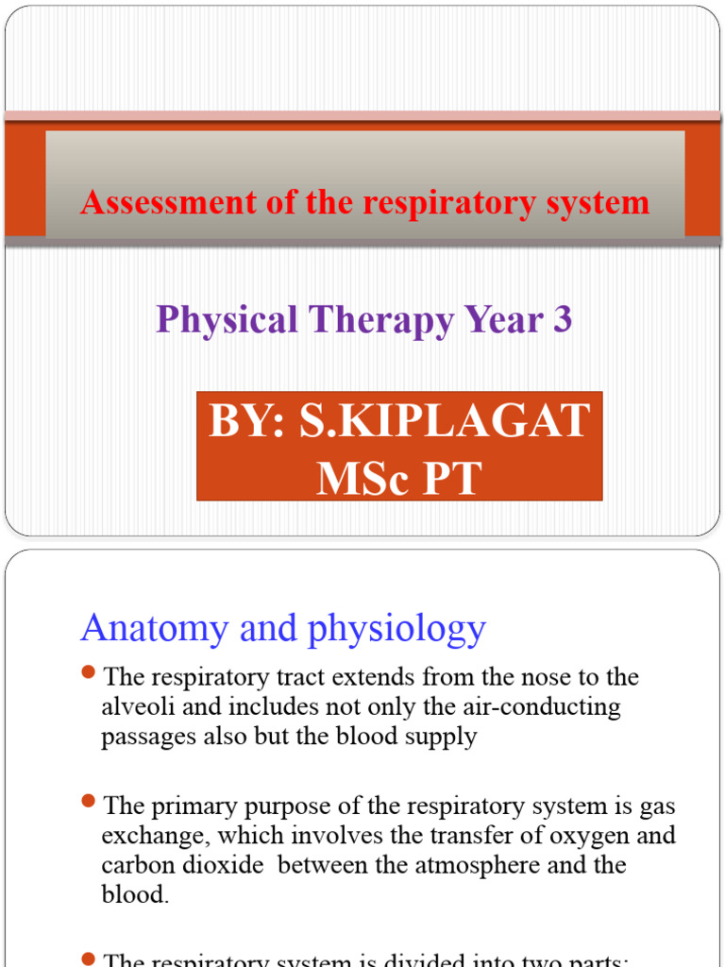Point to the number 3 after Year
click(x=563, y=320)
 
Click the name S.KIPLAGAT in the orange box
click(x=445, y=421)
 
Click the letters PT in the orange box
click(x=451, y=479)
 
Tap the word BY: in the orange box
click(x=247, y=421)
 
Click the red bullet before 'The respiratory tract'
click(x=89, y=672)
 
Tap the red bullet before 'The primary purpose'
click(x=89, y=802)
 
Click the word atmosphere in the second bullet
click(x=509, y=865)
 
